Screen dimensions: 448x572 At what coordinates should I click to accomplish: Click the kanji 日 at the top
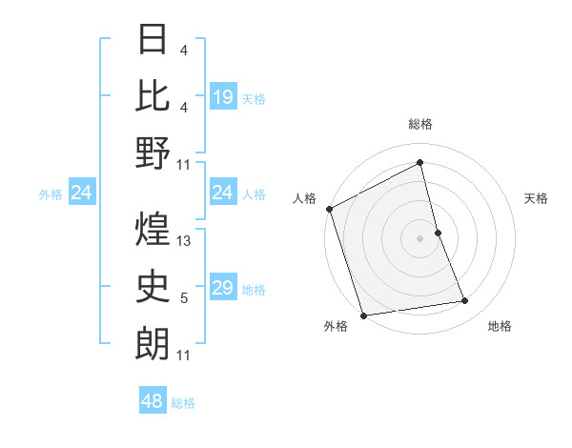[153, 40]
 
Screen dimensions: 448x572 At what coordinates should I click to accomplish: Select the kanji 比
[153, 96]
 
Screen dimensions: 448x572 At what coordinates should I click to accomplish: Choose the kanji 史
[153, 285]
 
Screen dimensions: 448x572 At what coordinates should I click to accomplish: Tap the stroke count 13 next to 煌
[185, 241]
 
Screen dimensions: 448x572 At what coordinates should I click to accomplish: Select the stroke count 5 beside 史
[184, 298]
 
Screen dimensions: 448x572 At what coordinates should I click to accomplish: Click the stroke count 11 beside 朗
[184, 356]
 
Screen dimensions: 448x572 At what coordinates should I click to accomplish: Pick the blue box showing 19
[223, 96]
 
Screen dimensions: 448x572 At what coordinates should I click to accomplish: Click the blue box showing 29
[223, 288]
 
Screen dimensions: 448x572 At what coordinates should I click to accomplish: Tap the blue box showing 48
[153, 401]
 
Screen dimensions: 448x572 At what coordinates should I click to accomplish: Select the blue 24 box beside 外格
[82, 193]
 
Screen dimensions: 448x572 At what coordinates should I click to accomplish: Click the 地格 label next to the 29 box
[254, 289]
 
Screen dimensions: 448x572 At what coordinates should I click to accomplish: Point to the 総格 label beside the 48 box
[183, 402]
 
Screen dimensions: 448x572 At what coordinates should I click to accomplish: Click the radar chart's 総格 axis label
[420, 124]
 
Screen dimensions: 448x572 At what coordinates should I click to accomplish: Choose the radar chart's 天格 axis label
[537, 198]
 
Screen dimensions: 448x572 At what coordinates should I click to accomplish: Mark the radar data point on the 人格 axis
[329, 209]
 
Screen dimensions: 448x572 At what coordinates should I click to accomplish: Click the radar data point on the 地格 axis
[465, 301]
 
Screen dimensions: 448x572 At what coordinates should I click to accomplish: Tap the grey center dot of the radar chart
[420, 238]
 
